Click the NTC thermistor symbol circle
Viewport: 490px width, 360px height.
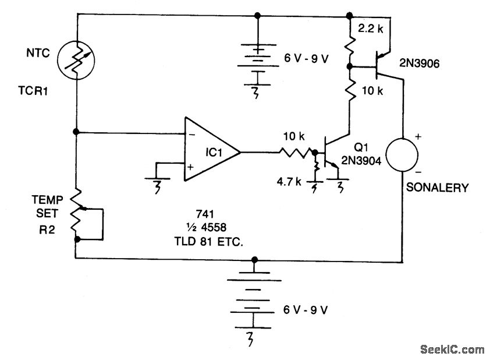coord(58,59)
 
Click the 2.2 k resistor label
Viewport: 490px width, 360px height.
coord(371,29)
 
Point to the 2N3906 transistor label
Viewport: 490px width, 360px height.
coord(420,63)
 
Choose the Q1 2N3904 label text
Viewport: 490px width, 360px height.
coord(361,154)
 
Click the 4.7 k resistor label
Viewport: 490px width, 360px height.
coord(289,181)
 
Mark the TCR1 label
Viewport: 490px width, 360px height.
coord(33,91)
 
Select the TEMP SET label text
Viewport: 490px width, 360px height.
coord(47,206)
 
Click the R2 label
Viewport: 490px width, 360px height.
coord(47,230)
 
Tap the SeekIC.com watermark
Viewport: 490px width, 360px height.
coord(452,349)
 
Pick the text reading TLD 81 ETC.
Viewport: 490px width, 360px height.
coord(208,242)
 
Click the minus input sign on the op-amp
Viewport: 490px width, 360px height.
coord(192,135)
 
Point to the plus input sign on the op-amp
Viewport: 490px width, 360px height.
coord(190,167)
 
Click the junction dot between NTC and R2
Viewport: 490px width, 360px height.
coord(76,132)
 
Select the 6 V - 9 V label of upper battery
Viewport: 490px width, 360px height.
coord(306,58)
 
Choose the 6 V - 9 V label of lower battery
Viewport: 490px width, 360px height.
coord(306,310)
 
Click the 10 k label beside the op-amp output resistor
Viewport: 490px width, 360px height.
coord(294,136)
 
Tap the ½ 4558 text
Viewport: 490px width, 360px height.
coord(206,227)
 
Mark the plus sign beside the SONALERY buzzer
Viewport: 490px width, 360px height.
coord(418,136)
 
